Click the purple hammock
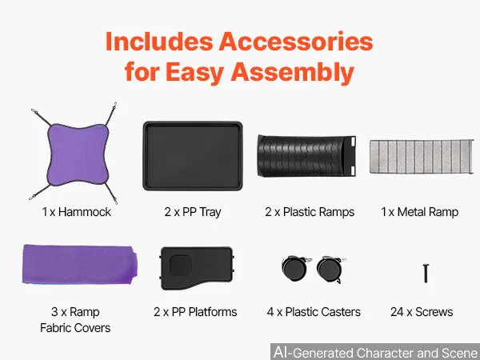(x=78, y=154)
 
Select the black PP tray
(x=193, y=156)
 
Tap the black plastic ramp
(x=306, y=156)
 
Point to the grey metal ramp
(x=422, y=157)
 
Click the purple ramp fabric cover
(x=80, y=264)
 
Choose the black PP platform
(x=197, y=268)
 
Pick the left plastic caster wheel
(x=295, y=268)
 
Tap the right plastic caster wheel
(x=330, y=270)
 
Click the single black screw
(x=426, y=274)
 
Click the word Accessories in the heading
(x=296, y=42)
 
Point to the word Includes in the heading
(x=159, y=42)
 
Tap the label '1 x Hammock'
(x=77, y=212)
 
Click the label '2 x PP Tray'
(x=193, y=212)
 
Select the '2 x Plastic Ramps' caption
(x=310, y=212)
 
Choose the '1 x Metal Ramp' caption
(x=419, y=212)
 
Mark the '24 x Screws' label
(x=422, y=312)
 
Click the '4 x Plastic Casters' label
(x=314, y=312)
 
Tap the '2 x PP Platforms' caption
(x=195, y=312)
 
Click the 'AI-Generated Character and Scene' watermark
(x=376, y=352)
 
